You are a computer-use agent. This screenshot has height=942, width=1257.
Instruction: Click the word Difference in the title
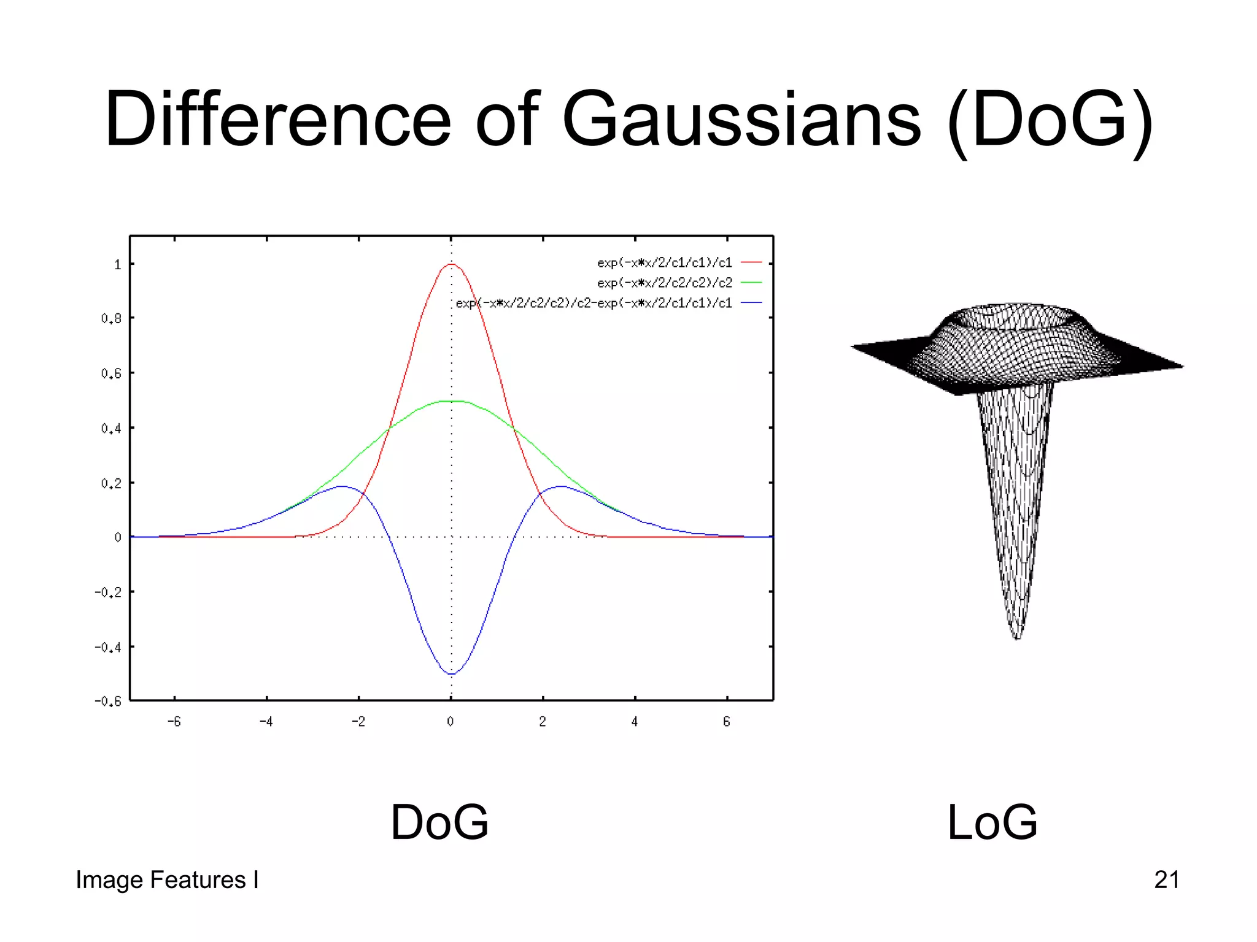tap(278, 119)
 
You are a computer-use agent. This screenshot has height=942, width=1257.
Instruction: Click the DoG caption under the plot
tap(439, 822)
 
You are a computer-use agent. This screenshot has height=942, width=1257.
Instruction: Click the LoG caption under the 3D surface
tap(992, 822)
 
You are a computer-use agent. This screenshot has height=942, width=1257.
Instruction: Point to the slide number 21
tap(1166, 880)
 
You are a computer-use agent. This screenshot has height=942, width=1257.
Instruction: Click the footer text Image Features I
tap(167, 880)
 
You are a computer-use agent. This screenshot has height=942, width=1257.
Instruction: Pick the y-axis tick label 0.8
tap(111, 318)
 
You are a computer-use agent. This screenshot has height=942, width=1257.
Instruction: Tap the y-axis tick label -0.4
tap(107, 647)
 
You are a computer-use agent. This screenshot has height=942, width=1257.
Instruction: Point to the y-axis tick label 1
tap(117, 264)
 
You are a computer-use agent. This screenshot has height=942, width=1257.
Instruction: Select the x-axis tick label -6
tap(174, 722)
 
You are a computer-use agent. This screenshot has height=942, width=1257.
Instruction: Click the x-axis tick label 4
tap(635, 722)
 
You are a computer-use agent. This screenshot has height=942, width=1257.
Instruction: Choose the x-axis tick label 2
tap(543, 722)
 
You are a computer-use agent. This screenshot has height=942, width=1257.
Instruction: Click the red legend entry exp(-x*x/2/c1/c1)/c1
tap(665, 262)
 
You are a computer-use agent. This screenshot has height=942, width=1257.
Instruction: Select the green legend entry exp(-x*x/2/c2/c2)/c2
tap(665, 283)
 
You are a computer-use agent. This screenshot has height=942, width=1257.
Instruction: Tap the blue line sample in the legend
tap(751, 303)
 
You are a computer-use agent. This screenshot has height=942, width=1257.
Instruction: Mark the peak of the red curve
tap(452, 264)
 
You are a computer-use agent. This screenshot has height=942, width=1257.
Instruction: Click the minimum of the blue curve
tap(452, 674)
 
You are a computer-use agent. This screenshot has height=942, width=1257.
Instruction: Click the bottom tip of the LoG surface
tap(1017, 638)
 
